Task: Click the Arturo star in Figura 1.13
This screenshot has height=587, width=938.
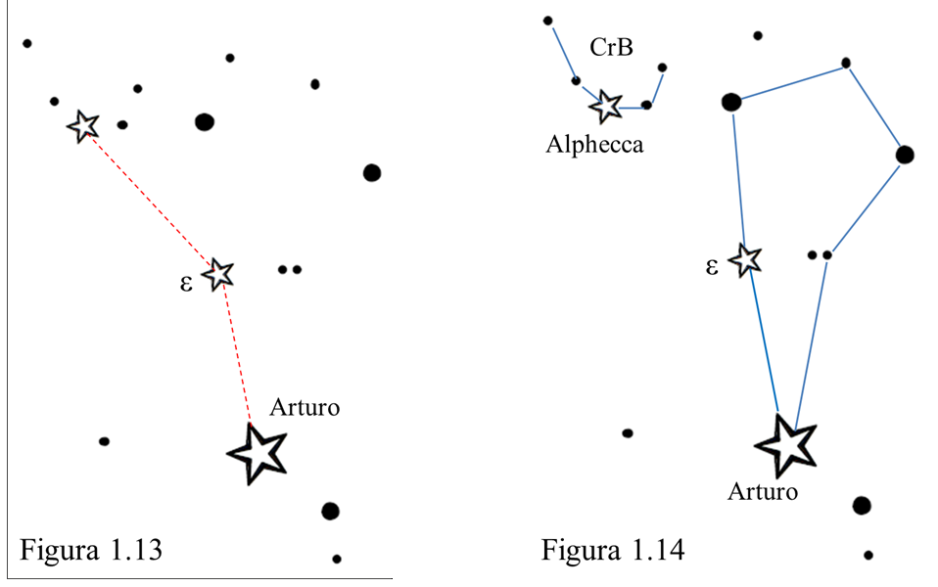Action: point(257,452)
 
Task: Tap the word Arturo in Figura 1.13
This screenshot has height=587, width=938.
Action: point(305,407)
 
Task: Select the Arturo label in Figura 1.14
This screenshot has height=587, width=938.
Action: point(763,491)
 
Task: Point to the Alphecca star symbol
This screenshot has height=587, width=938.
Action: point(607,105)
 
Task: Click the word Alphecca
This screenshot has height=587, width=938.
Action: point(595,145)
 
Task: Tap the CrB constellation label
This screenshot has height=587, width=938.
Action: point(611,47)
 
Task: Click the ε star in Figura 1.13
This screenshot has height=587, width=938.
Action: point(218,274)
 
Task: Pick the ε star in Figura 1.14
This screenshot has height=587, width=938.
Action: point(747,259)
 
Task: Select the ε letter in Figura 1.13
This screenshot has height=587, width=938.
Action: point(186,284)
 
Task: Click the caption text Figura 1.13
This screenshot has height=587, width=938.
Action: point(90,549)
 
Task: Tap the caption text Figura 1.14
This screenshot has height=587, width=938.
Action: point(613,549)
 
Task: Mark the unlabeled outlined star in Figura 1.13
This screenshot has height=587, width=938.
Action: point(83,125)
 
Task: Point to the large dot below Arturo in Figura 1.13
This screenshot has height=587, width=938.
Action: point(330,511)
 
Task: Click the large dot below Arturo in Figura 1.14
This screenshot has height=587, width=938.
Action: point(862,505)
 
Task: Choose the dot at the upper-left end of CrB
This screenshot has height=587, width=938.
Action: point(548,21)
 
